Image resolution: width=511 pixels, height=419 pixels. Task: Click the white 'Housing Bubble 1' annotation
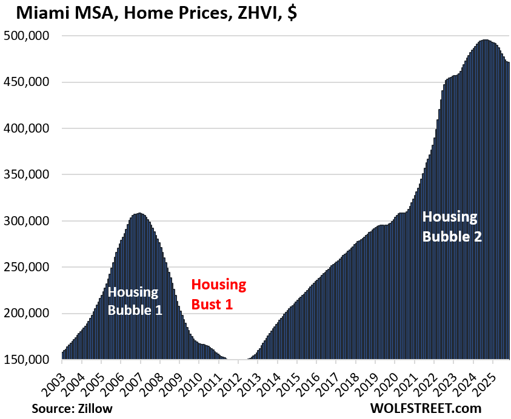[x=133, y=300]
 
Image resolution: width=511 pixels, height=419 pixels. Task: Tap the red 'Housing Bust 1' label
[x=219, y=294]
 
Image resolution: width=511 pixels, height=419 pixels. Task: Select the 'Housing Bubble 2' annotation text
[x=452, y=226]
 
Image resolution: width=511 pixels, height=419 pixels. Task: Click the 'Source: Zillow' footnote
[x=72, y=408]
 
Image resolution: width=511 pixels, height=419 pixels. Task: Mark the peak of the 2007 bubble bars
[x=139, y=214]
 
